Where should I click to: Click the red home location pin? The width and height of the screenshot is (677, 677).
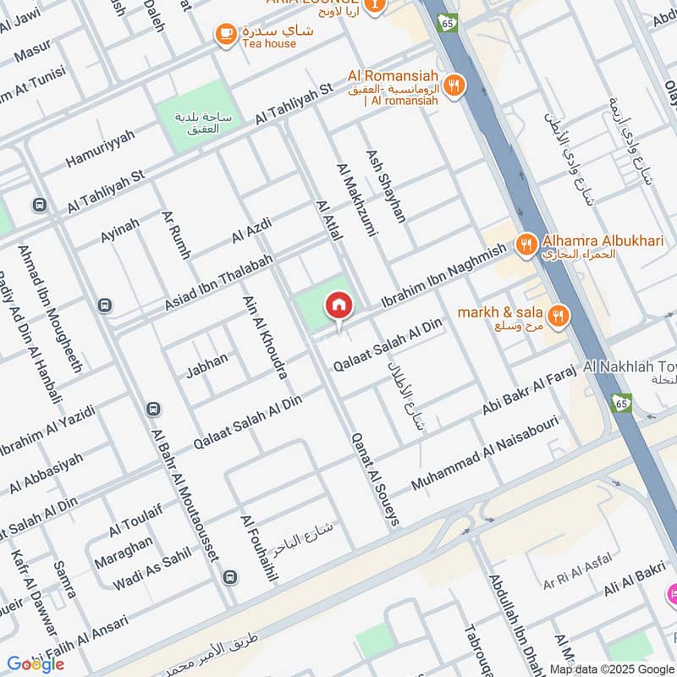tap(339, 305)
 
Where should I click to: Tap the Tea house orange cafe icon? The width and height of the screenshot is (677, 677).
tap(226, 33)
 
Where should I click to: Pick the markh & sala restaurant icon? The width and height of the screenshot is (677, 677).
tap(558, 316)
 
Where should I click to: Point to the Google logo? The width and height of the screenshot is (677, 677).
tap(36, 663)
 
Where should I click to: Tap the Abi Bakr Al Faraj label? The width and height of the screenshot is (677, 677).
tap(529, 390)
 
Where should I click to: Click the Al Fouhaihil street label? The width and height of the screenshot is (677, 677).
tap(259, 548)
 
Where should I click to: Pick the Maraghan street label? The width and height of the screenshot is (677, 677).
tap(124, 550)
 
